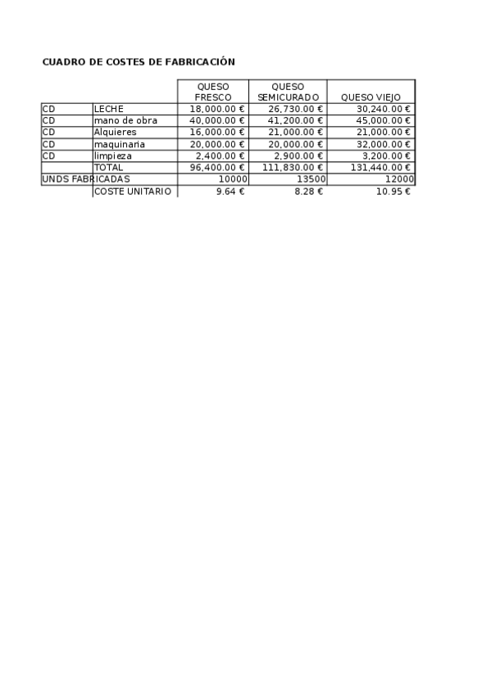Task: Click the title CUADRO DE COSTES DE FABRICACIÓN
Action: (x=139, y=61)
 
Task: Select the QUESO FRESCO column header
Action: (x=212, y=92)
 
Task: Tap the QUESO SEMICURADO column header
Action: (x=287, y=92)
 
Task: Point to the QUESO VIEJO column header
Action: (x=371, y=97)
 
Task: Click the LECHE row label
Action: (x=108, y=109)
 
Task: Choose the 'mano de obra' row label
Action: (x=125, y=120)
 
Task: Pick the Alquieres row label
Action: (x=115, y=132)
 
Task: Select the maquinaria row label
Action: (x=120, y=144)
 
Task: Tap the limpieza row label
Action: (x=113, y=155)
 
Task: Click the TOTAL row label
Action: (x=109, y=167)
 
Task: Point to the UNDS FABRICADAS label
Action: (x=85, y=179)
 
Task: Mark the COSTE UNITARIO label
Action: (x=133, y=192)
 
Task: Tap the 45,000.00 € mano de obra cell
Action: (x=383, y=120)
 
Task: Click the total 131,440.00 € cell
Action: (x=380, y=167)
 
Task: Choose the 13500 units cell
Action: (x=311, y=179)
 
